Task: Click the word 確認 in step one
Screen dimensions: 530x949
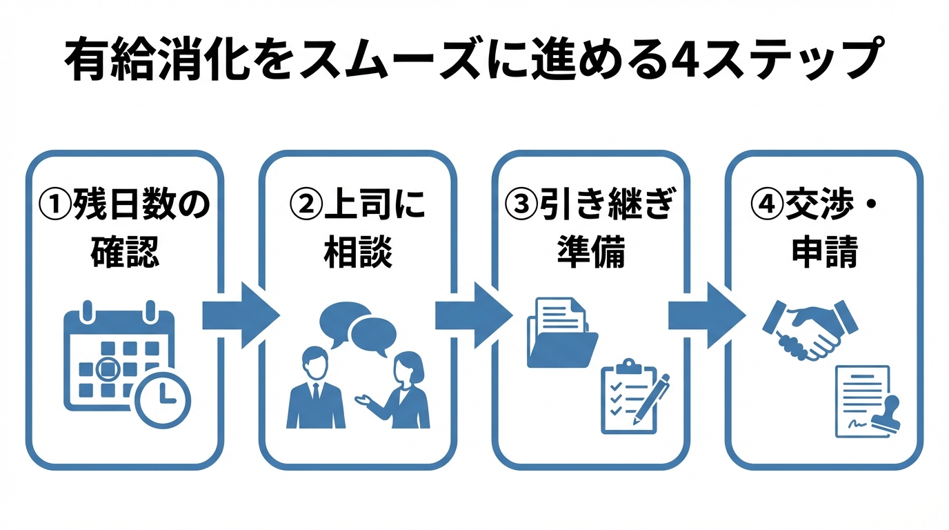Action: point(125,253)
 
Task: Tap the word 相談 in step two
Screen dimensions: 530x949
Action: point(358,253)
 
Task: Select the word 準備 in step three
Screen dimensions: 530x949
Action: point(591,253)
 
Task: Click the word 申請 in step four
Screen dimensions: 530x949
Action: point(824,253)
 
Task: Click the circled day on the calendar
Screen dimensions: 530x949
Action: point(107,369)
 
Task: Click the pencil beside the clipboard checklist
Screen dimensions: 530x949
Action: point(652,396)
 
